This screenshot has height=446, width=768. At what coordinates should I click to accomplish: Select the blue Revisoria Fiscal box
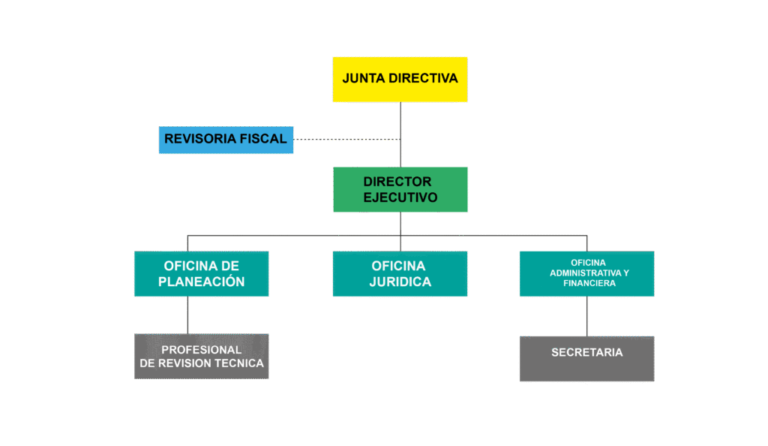click(x=226, y=140)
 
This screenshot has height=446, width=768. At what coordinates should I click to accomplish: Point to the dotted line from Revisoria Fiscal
click(x=345, y=139)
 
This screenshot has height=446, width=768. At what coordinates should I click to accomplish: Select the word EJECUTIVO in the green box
click(x=400, y=197)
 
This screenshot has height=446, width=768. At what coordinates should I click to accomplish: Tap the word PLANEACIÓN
click(x=201, y=282)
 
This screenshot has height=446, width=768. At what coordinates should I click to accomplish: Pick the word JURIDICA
click(x=400, y=282)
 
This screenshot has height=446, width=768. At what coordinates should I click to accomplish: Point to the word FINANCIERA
click(x=586, y=283)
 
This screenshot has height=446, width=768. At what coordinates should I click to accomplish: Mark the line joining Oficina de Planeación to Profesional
click(x=187, y=315)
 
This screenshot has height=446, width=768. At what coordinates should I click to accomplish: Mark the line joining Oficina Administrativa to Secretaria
click(x=586, y=316)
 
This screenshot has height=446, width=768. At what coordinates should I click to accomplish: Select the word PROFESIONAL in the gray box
click(x=201, y=350)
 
